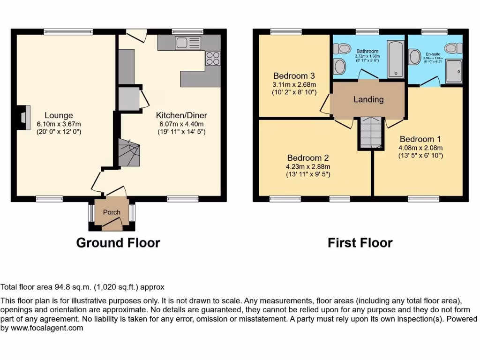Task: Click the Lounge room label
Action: tap(59, 115)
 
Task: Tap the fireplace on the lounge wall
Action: tap(24, 117)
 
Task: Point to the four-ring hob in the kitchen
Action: tap(212, 58)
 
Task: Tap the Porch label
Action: tap(112, 212)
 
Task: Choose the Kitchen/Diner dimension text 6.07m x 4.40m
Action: tap(181, 124)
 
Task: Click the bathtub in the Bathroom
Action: tap(396, 59)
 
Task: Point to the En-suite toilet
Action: tap(453, 47)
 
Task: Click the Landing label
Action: tap(368, 99)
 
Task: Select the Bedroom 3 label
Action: tap(294, 76)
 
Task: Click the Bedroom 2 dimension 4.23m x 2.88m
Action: tap(308, 166)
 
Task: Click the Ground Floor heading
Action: tap(118, 243)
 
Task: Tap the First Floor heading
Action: tap(360, 243)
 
